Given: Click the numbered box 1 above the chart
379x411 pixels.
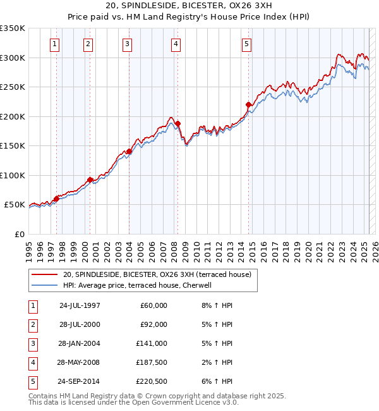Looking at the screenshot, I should click(x=56, y=44).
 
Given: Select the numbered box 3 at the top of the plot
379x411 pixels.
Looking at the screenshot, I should click(x=128, y=44).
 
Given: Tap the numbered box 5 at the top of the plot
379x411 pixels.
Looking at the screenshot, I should click(x=246, y=44).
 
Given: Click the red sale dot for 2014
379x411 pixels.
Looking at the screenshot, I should click(x=249, y=105).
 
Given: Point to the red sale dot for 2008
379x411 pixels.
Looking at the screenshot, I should click(x=178, y=124).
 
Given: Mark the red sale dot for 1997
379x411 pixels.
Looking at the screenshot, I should click(x=56, y=199).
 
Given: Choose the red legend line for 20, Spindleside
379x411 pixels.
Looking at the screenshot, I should click(x=44, y=274).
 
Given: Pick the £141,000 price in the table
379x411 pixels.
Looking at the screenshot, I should click(x=152, y=343).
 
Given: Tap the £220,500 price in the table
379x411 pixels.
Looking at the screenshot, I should click(x=152, y=381).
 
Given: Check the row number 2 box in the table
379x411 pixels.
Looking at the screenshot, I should click(x=32, y=324).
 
